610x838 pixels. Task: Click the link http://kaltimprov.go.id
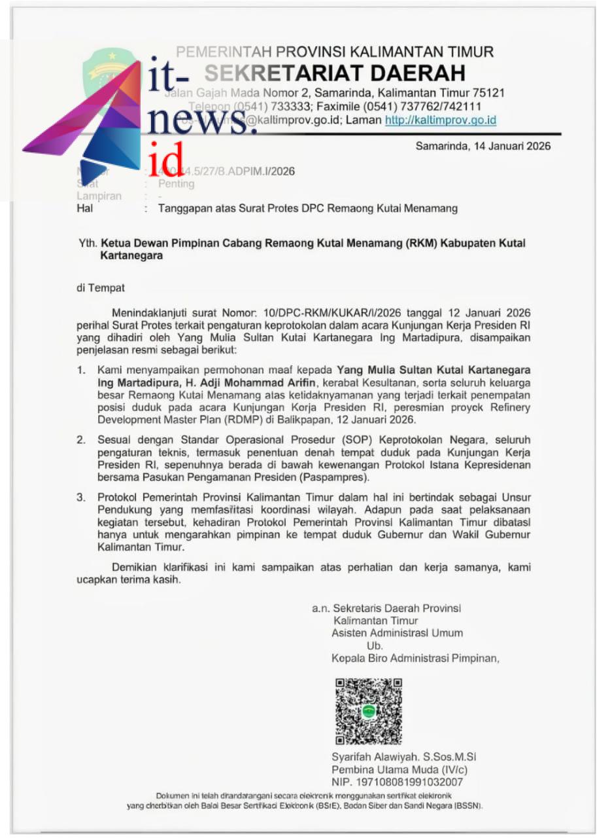(440, 120)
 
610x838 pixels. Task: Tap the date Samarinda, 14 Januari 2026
(483, 146)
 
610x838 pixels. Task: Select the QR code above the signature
(368, 712)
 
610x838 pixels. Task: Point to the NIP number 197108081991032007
(418, 782)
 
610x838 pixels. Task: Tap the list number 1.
(81, 371)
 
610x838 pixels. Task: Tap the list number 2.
(81, 441)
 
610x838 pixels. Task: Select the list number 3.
(81, 498)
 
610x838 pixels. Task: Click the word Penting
(176, 184)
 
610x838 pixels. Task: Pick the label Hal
(85, 209)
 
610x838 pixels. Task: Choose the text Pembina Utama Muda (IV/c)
(399, 769)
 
